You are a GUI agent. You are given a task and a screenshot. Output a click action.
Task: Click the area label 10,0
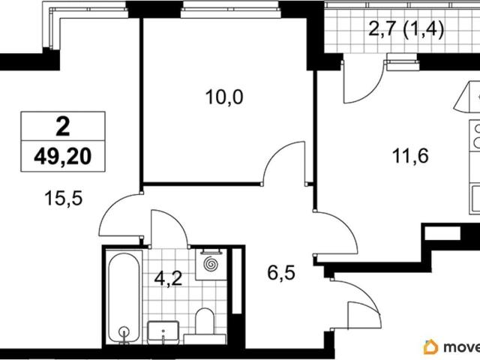[224, 97]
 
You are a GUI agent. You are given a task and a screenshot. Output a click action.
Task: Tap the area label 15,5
[64, 198]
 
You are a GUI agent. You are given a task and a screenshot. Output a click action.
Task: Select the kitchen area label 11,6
[410, 157]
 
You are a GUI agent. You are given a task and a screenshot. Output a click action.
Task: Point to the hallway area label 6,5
[281, 273]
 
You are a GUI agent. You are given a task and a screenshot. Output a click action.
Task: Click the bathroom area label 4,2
[168, 278]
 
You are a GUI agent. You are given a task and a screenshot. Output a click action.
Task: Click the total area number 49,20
[63, 157]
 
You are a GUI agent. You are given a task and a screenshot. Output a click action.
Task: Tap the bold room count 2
[63, 127]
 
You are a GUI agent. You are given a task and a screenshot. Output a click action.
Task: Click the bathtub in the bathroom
[124, 297]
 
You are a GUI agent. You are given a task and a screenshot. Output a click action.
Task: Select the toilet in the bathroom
[205, 325]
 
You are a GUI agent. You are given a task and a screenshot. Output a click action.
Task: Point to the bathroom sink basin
[163, 332]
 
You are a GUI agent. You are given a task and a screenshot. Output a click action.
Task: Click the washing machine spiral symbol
[211, 264]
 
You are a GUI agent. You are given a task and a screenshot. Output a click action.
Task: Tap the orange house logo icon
[430, 346]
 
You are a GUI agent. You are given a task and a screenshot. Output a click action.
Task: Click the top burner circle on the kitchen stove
[477, 129]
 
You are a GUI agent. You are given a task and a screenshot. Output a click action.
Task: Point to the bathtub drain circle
[124, 331]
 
